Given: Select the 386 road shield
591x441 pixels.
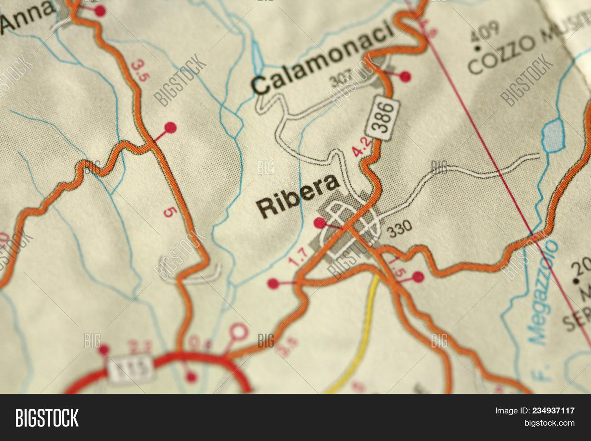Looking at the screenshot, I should click(x=382, y=117).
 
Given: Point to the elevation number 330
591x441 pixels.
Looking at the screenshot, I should click(x=400, y=228).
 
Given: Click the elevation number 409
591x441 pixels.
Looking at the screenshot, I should click(x=485, y=31).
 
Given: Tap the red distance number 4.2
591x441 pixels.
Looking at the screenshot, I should click(x=362, y=147).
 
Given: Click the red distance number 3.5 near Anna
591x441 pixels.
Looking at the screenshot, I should click(x=140, y=70).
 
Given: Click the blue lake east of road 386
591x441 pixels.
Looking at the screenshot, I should click(x=554, y=135).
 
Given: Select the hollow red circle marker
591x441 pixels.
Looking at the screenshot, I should click(x=239, y=332).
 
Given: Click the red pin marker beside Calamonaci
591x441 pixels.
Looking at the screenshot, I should click(x=405, y=76).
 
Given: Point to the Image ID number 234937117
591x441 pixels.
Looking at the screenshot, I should click(x=553, y=411).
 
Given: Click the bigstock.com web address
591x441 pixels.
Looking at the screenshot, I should click(x=549, y=423).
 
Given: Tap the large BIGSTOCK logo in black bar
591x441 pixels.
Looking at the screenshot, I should click(x=47, y=418).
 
